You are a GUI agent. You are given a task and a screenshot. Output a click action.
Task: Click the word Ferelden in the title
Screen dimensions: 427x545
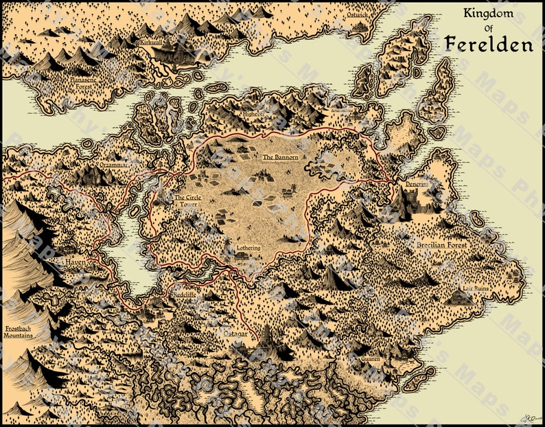coord(488,44)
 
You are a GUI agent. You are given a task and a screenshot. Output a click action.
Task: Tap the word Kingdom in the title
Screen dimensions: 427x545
coord(489,12)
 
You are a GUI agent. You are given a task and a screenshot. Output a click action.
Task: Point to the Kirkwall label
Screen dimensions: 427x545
coord(151,42)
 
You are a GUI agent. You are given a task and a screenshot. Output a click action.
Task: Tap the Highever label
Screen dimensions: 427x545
coord(251,115)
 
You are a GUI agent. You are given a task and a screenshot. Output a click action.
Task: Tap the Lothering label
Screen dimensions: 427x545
coord(248,246)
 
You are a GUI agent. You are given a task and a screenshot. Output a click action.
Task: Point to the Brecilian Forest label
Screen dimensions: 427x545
coord(441,244)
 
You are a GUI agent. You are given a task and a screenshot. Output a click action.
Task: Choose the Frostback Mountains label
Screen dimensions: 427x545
coord(22,331)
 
